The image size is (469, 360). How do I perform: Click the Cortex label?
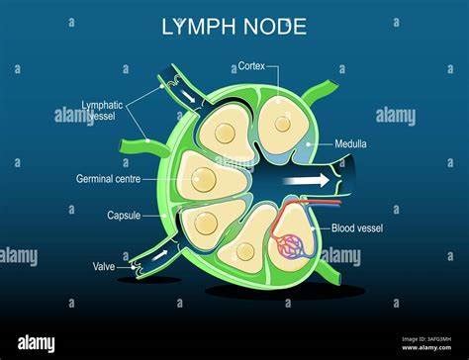[251, 67]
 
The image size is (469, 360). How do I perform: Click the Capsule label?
[123, 215]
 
